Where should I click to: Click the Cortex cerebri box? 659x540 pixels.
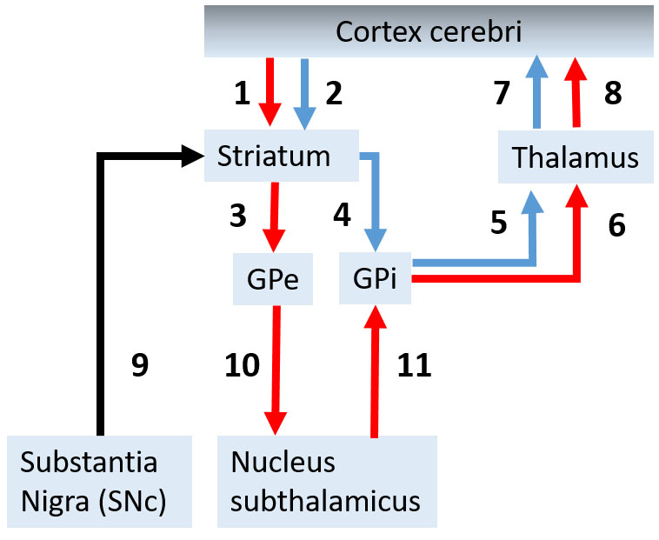coord(429,32)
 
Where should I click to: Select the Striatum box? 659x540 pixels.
coord(275,157)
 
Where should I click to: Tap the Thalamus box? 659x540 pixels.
coord(576,158)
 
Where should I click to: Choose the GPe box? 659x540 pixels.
coord(273,279)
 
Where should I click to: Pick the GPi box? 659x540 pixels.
coord(375,279)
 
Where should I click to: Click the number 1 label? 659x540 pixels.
coord(243,93)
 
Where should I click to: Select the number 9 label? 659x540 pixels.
coord(139,366)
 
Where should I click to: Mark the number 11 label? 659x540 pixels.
coord(414,366)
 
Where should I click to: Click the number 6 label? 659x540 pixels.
coord(616,225)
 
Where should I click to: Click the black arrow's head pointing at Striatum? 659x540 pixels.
coord(192,157)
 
